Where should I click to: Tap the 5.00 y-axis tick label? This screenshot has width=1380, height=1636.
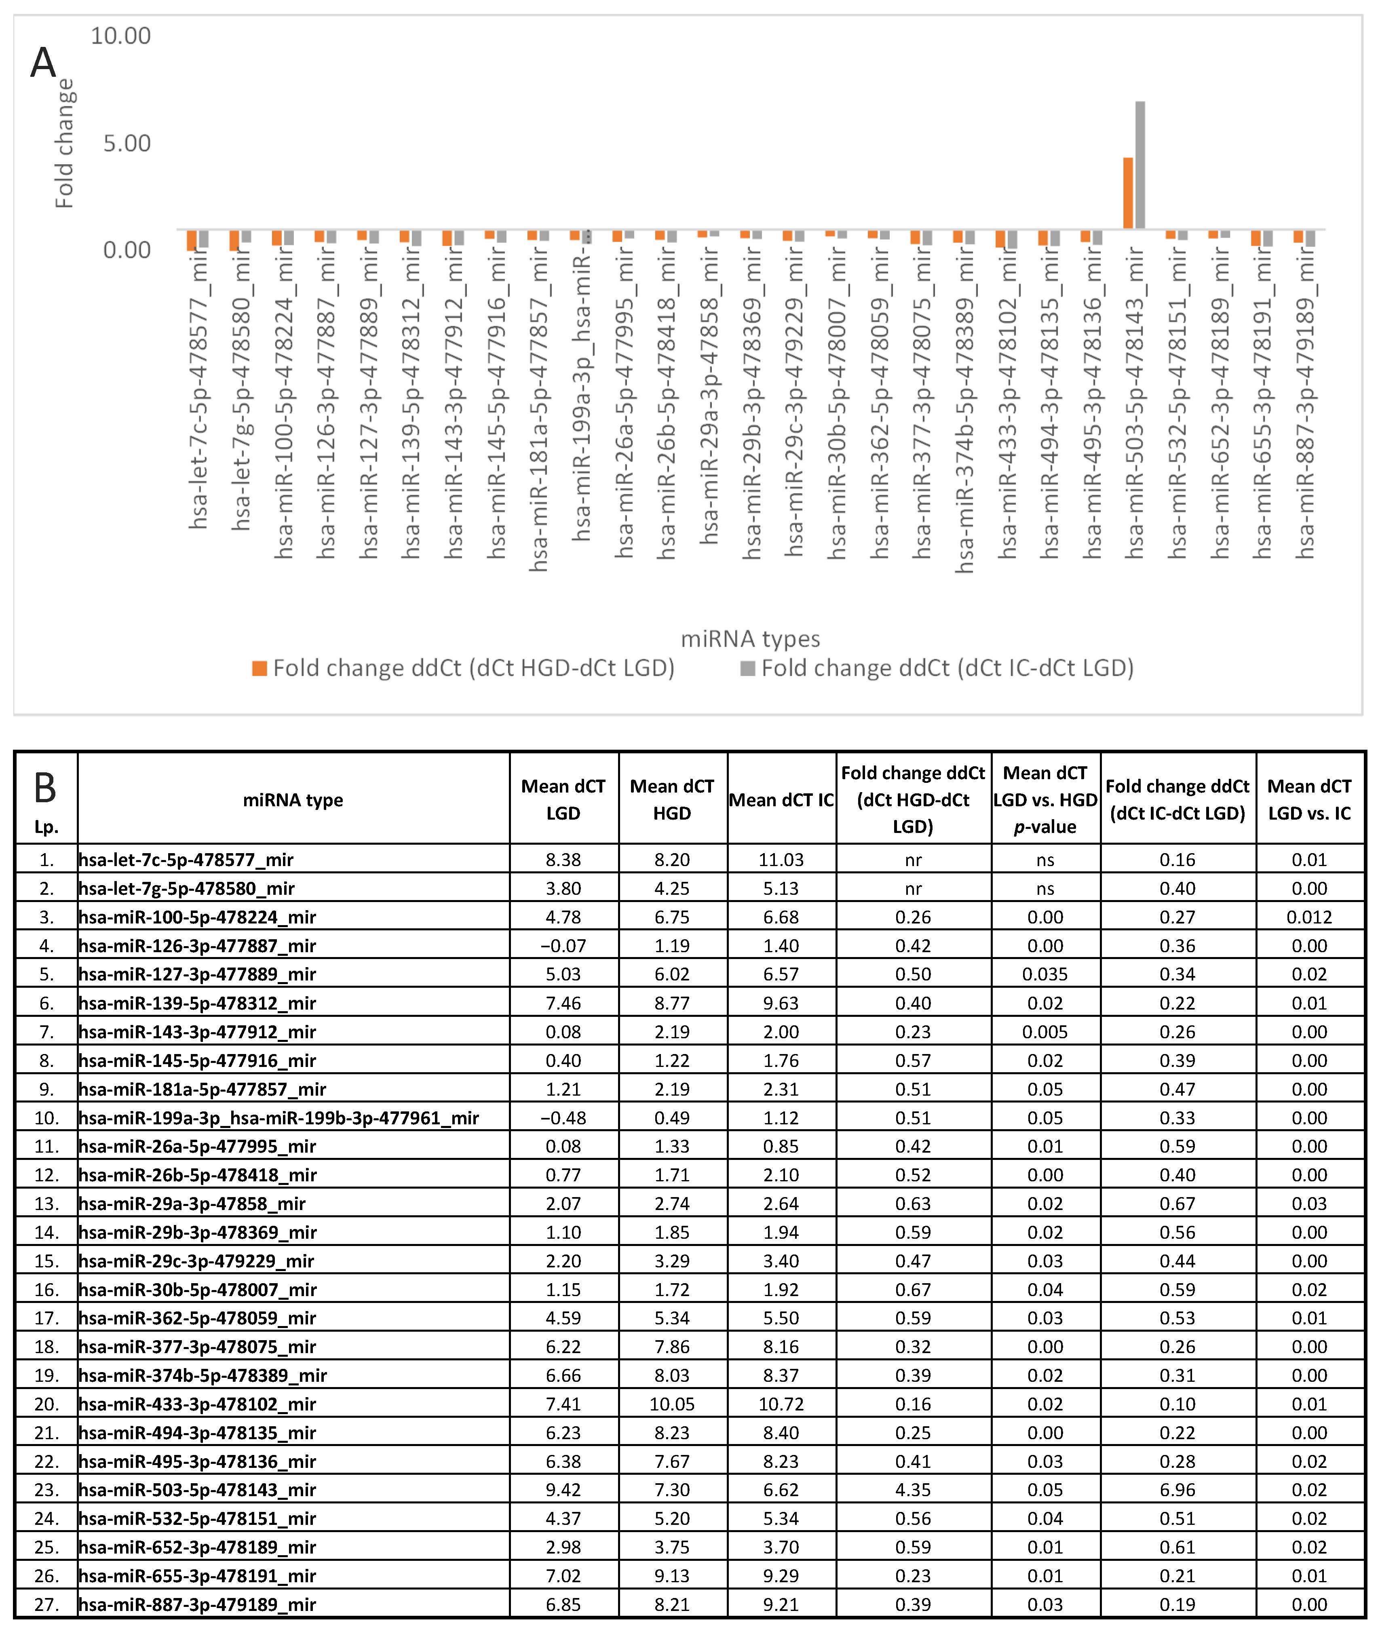[127, 143]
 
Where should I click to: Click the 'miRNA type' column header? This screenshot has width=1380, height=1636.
[293, 800]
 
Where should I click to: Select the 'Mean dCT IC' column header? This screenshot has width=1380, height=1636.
[781, 800]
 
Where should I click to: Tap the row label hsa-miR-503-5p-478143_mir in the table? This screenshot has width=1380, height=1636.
[197, 1490]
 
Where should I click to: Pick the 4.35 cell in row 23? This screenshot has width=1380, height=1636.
[913, 1490]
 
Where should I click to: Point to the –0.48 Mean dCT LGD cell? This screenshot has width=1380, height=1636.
[563, 1117]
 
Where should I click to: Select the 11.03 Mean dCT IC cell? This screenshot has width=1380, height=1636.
[781, 860]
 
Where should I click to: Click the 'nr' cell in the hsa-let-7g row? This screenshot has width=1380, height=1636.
[913, 888]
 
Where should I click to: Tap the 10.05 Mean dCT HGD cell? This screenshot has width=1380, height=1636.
[671, 1404]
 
